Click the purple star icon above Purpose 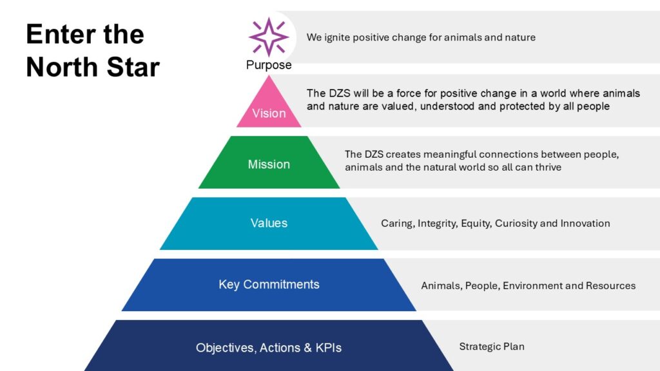click(x=269, y=37)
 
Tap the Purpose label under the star click(x=269, y=65)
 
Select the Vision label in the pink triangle click(x=269, y=113)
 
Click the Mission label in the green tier click(x=269, y=164)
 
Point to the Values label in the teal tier click(x=269, y=224)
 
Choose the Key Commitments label click(x=269, y=285)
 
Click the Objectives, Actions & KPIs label click(x=269, y=348)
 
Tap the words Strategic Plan click(x=492, y=347)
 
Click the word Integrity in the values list click(x=438, y=224)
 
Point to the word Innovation click(x=584, y=224)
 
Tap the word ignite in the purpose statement click(x=336, y=37)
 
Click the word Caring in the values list click(x=396, y=224)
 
